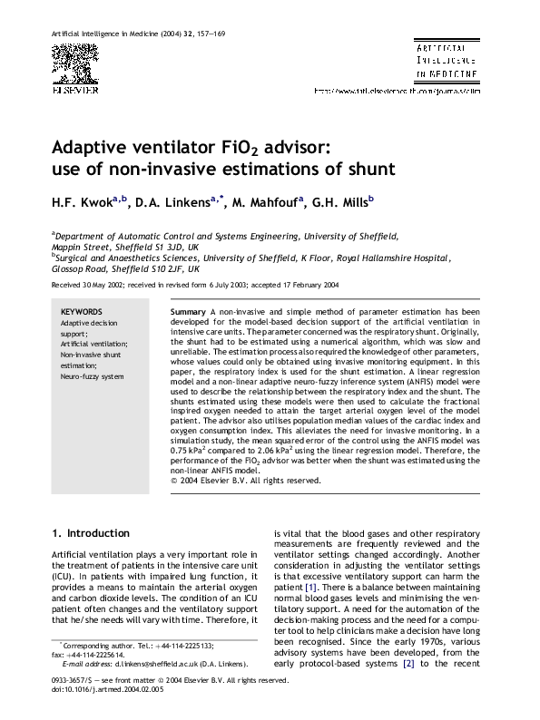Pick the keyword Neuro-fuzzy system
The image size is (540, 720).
click(x=92, y=375)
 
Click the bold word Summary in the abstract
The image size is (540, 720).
click(x=188, y=311)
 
